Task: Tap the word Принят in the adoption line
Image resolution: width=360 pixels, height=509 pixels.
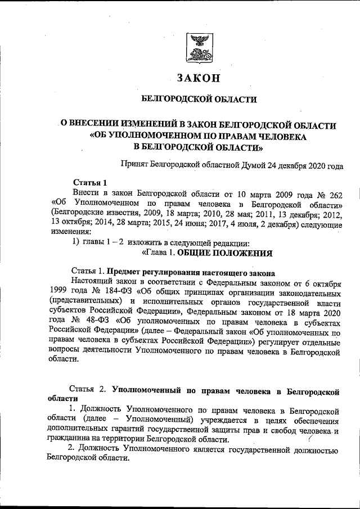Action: (136, 165)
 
